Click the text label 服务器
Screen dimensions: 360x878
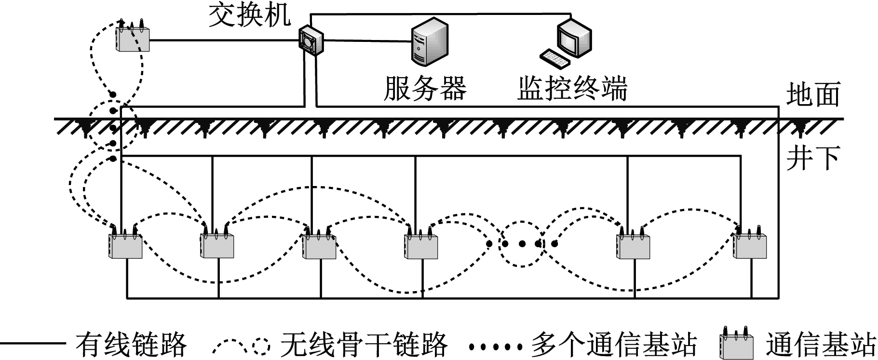click(425, 88)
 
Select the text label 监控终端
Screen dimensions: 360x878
click(572, 88)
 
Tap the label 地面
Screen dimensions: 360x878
click(813, 94)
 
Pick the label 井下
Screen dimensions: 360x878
click(813, 158)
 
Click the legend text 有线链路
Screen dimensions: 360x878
click(131, 344)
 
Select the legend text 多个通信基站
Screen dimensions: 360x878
click(614, 344)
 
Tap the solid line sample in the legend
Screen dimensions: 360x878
click(33, 344)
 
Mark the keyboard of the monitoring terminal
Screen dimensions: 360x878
click(554, 58)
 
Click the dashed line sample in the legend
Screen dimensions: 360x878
click(241, 344)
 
